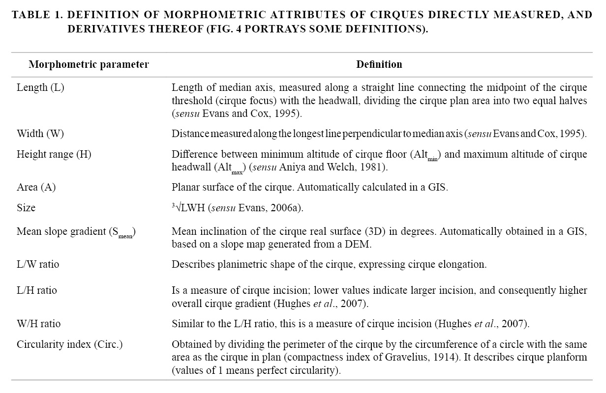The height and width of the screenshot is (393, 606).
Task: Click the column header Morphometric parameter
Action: coord(89,64)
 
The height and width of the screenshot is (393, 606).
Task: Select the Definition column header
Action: coord(379,64)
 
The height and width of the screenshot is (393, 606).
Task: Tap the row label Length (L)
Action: coord(40,88)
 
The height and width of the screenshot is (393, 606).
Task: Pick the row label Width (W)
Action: coord(40,134)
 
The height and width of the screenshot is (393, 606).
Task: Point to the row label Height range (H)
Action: coord(54,154)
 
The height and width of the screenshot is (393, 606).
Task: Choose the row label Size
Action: coord(26,208)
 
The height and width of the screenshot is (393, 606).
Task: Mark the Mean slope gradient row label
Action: coord(76,232)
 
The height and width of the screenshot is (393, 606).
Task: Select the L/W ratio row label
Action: coord(38,264)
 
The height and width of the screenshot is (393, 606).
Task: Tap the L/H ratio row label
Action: coord(37,290)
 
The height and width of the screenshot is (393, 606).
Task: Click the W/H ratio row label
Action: coord(38,324)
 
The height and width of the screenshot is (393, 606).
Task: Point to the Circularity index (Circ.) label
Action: coord(69,344)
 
